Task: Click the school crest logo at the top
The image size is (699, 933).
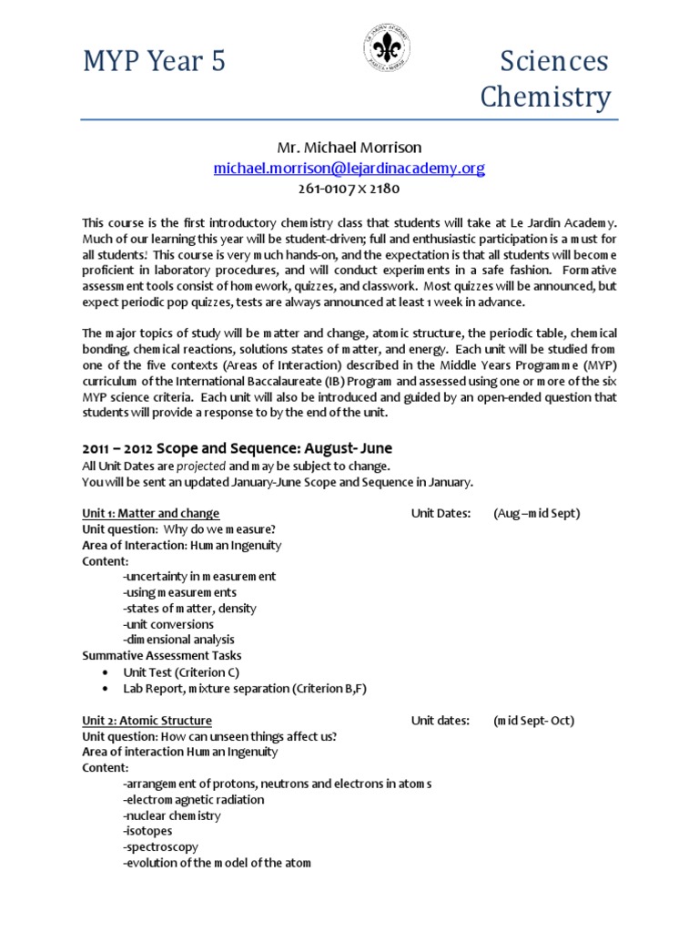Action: point(388,46)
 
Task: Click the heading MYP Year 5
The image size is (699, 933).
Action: point(154,62)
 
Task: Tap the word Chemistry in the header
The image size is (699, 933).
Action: point(545,97)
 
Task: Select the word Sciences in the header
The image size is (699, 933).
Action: point(554,62)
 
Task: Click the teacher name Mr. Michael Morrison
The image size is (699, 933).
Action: point(349,148)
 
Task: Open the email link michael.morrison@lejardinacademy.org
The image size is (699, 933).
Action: point(349,169)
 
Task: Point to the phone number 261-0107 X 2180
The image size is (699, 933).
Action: point(349,189)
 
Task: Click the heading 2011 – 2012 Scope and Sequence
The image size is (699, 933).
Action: point(238,448)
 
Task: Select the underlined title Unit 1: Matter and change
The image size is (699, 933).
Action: point(150,513)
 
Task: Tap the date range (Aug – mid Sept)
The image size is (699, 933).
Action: point(536,513)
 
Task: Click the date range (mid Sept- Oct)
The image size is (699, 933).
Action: point(533,720)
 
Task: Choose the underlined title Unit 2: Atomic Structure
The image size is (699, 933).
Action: point(147,720)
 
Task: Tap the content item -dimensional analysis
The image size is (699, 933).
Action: point(178,640)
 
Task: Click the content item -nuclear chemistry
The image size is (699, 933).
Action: point(171,815)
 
